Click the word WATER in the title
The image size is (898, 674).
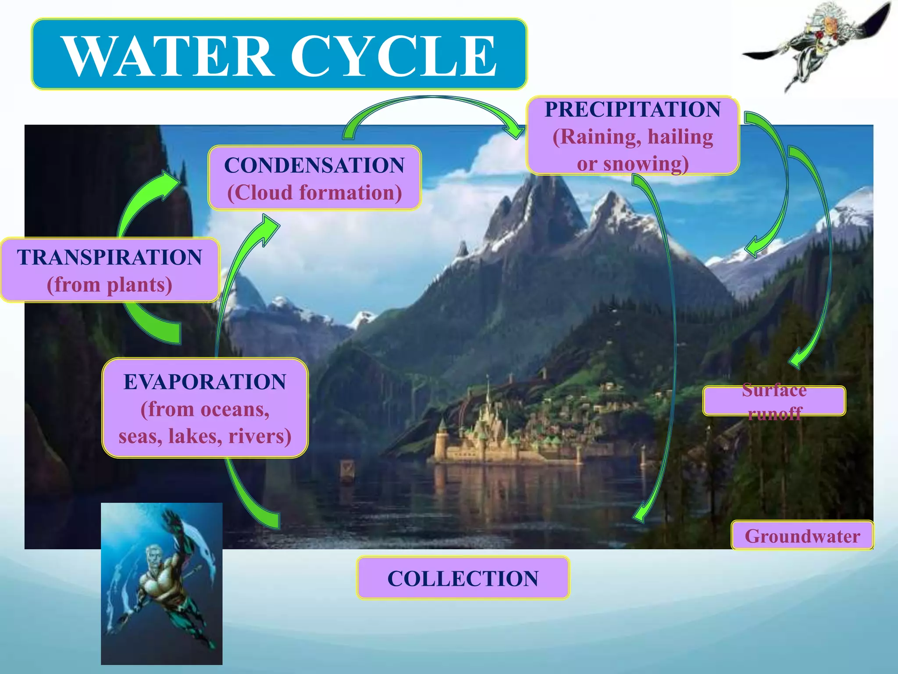(x=169, y=56)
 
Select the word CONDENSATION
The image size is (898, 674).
(x=314, y=165)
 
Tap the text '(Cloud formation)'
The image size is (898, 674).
(x=314, y=193)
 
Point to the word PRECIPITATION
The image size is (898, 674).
(x=632, y=109)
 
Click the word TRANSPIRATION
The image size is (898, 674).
(x=109, y=257)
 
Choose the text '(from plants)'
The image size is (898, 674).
(x=109, y=285)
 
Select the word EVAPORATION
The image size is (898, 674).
(x=205, y=382)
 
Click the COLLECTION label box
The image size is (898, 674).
(x=463, y=578)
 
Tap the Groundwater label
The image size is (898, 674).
(x=802, y=536)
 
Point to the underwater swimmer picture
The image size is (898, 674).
(x=161, y=584)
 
